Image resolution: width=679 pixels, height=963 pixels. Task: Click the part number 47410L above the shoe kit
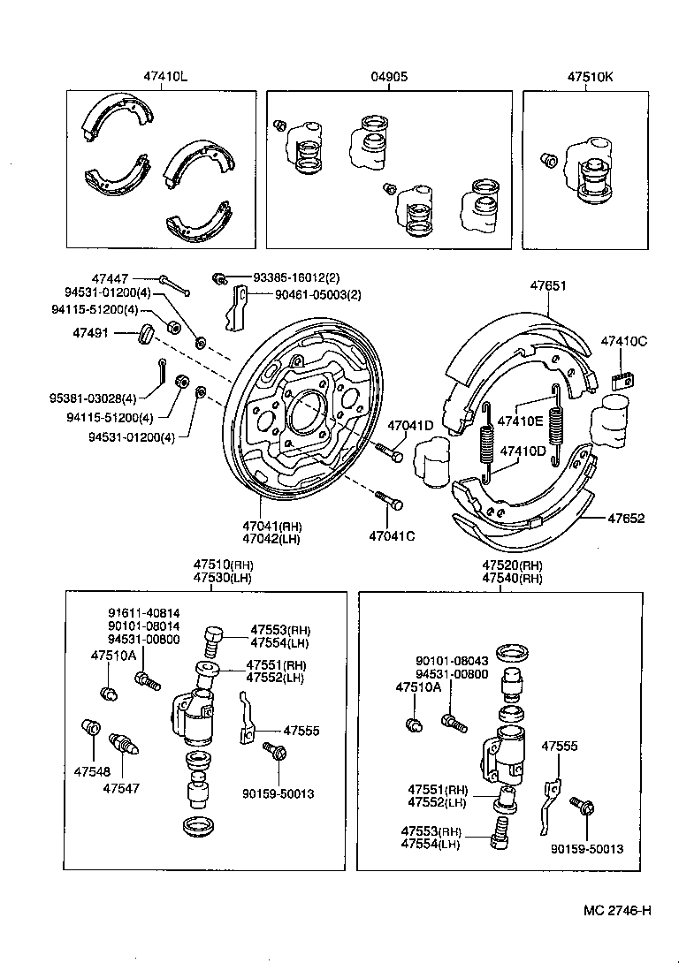pyautogui.click(x=165, y=77)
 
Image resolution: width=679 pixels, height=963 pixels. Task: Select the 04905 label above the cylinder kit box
pyautogui.click(x=389, y=77)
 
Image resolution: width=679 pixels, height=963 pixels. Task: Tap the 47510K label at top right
pyautogui.click(x=590, y=77)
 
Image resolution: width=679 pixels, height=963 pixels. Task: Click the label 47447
pyautogui.click(x=110, y=277)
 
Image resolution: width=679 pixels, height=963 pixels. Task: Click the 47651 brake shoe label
pyautogui.click(x=548, y=286)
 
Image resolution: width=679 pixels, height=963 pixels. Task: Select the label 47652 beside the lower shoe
pyautogui.click(x=625, y=519)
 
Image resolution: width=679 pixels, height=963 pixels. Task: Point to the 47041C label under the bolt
pyautogui.click(x=393, y=536)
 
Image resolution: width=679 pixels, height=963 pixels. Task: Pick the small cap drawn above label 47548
pyautogui.click(x=88, y=729)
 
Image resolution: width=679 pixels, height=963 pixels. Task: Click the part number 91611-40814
pyautogui.click(x=143, y=613)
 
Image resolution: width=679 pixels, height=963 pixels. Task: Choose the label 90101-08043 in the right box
pyautogui.click(x=452, y=660)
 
